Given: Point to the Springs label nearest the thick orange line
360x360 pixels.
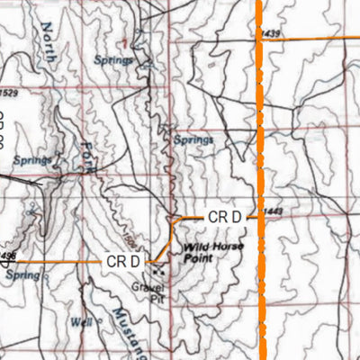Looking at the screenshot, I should (x=193, y=140).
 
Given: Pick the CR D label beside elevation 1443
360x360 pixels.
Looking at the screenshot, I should (x=225, y=217).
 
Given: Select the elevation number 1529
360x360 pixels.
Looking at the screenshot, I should (x=8, y=93).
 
